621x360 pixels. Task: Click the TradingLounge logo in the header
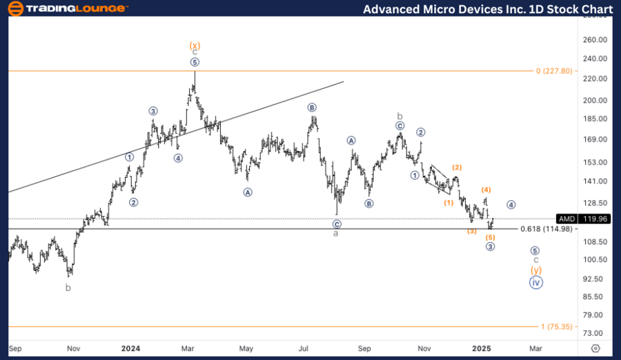coord(67,9)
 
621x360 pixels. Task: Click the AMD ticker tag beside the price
coord(566,219)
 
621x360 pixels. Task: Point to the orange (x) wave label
coord(195,46)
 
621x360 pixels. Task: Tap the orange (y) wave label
coord(535,270)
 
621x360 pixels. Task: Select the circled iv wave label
coord(535,281)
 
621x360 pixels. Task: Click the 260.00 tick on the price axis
coord(594,40)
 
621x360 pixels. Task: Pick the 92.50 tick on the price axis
coord(594,279)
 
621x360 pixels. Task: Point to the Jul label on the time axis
coord(304,348)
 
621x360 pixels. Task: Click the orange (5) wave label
coord(490,237)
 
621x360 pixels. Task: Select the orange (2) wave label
coord(457,168)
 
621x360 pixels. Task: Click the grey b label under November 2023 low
coord(68,288)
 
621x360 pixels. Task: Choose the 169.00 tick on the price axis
coord(594,139)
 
